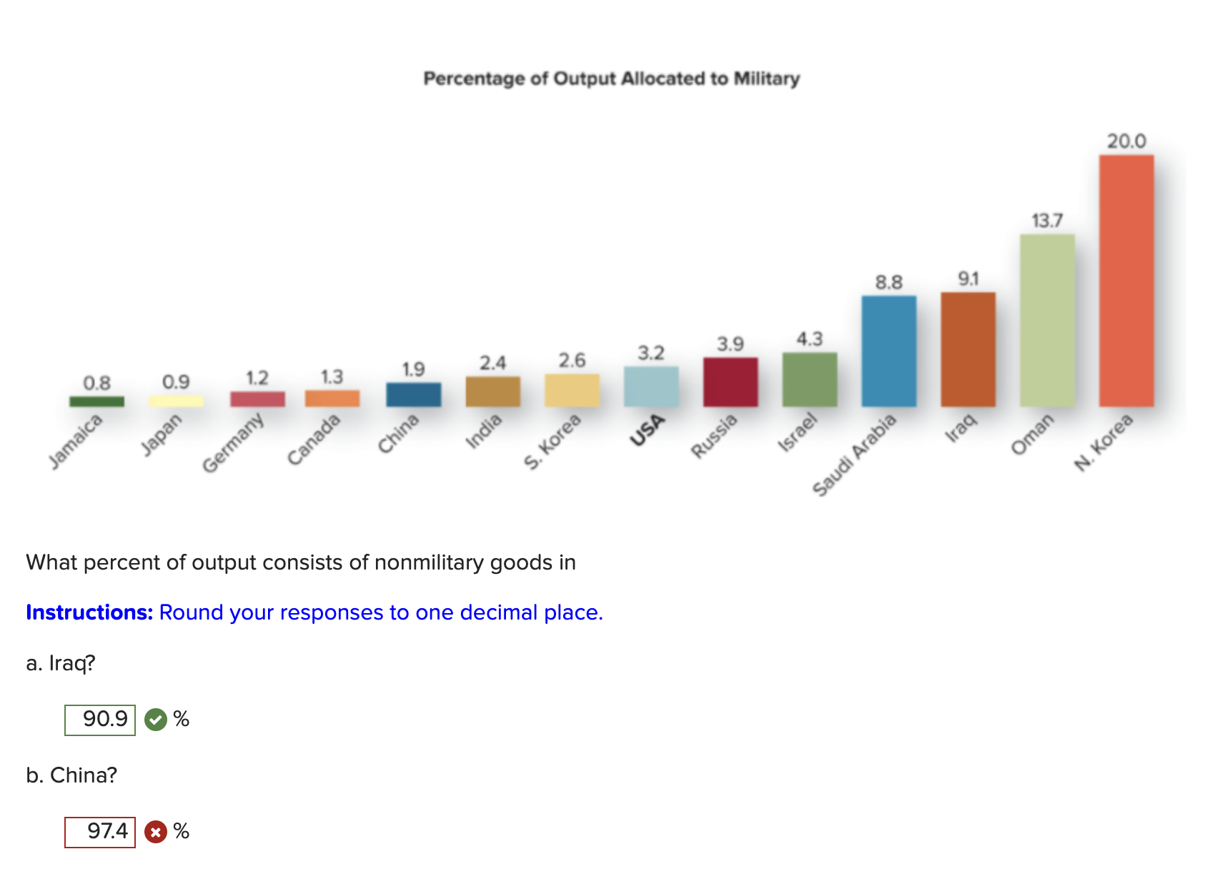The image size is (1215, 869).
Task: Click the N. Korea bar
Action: tap(1126, 280)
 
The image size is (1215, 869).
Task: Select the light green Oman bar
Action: tap(1047, 320)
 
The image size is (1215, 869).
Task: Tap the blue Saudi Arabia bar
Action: tap(889, 351)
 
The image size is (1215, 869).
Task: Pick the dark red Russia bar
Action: tap(730, 382)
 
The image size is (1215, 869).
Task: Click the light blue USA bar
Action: tap(651, 387)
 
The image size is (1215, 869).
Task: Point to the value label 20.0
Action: tap(1126, 141)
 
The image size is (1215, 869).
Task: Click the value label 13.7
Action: tap(1047, 221)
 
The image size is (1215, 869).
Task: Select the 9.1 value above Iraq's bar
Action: tap(968, 279)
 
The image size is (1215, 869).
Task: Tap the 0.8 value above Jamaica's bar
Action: tap(96, 383)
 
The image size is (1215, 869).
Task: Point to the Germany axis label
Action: tap(233, 443)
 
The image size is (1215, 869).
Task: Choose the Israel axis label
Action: tap(797, 432)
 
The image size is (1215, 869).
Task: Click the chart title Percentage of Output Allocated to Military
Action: tap(611, 79)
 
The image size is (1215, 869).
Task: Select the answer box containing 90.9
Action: tap(100, 720)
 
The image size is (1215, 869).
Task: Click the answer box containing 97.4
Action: tap(100, 832)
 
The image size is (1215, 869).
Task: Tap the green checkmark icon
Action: tap(156, 720)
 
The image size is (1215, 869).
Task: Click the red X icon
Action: tap(156, 832)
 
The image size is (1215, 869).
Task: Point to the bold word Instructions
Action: tap(89, 612)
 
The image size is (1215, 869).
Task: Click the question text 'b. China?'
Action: tap(71, 775)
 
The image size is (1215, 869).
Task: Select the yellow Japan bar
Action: tap(176, 401)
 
